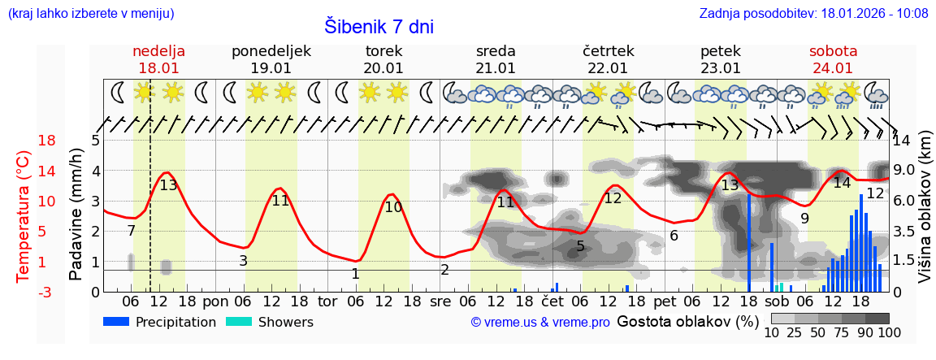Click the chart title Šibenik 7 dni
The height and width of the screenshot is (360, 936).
(379, 26)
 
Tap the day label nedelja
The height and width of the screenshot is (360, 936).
(159, 51)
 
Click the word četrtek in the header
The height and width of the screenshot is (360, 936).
(608, 51)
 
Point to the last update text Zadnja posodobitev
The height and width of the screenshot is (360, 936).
(813, 13)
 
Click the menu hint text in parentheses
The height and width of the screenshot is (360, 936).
(91, 13)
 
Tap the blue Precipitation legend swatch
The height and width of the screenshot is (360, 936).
(117, 322)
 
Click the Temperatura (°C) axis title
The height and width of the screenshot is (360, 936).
(24, 216)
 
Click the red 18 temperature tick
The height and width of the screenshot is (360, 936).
(24, 141)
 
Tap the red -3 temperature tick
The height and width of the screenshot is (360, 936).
(24, 293)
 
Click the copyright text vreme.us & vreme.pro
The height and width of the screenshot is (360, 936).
(539, 323)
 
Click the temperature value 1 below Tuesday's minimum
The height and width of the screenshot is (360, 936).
(355, 274)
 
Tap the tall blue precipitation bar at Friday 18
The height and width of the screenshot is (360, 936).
(749, 244)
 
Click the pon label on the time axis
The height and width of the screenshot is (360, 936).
(216, 301)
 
